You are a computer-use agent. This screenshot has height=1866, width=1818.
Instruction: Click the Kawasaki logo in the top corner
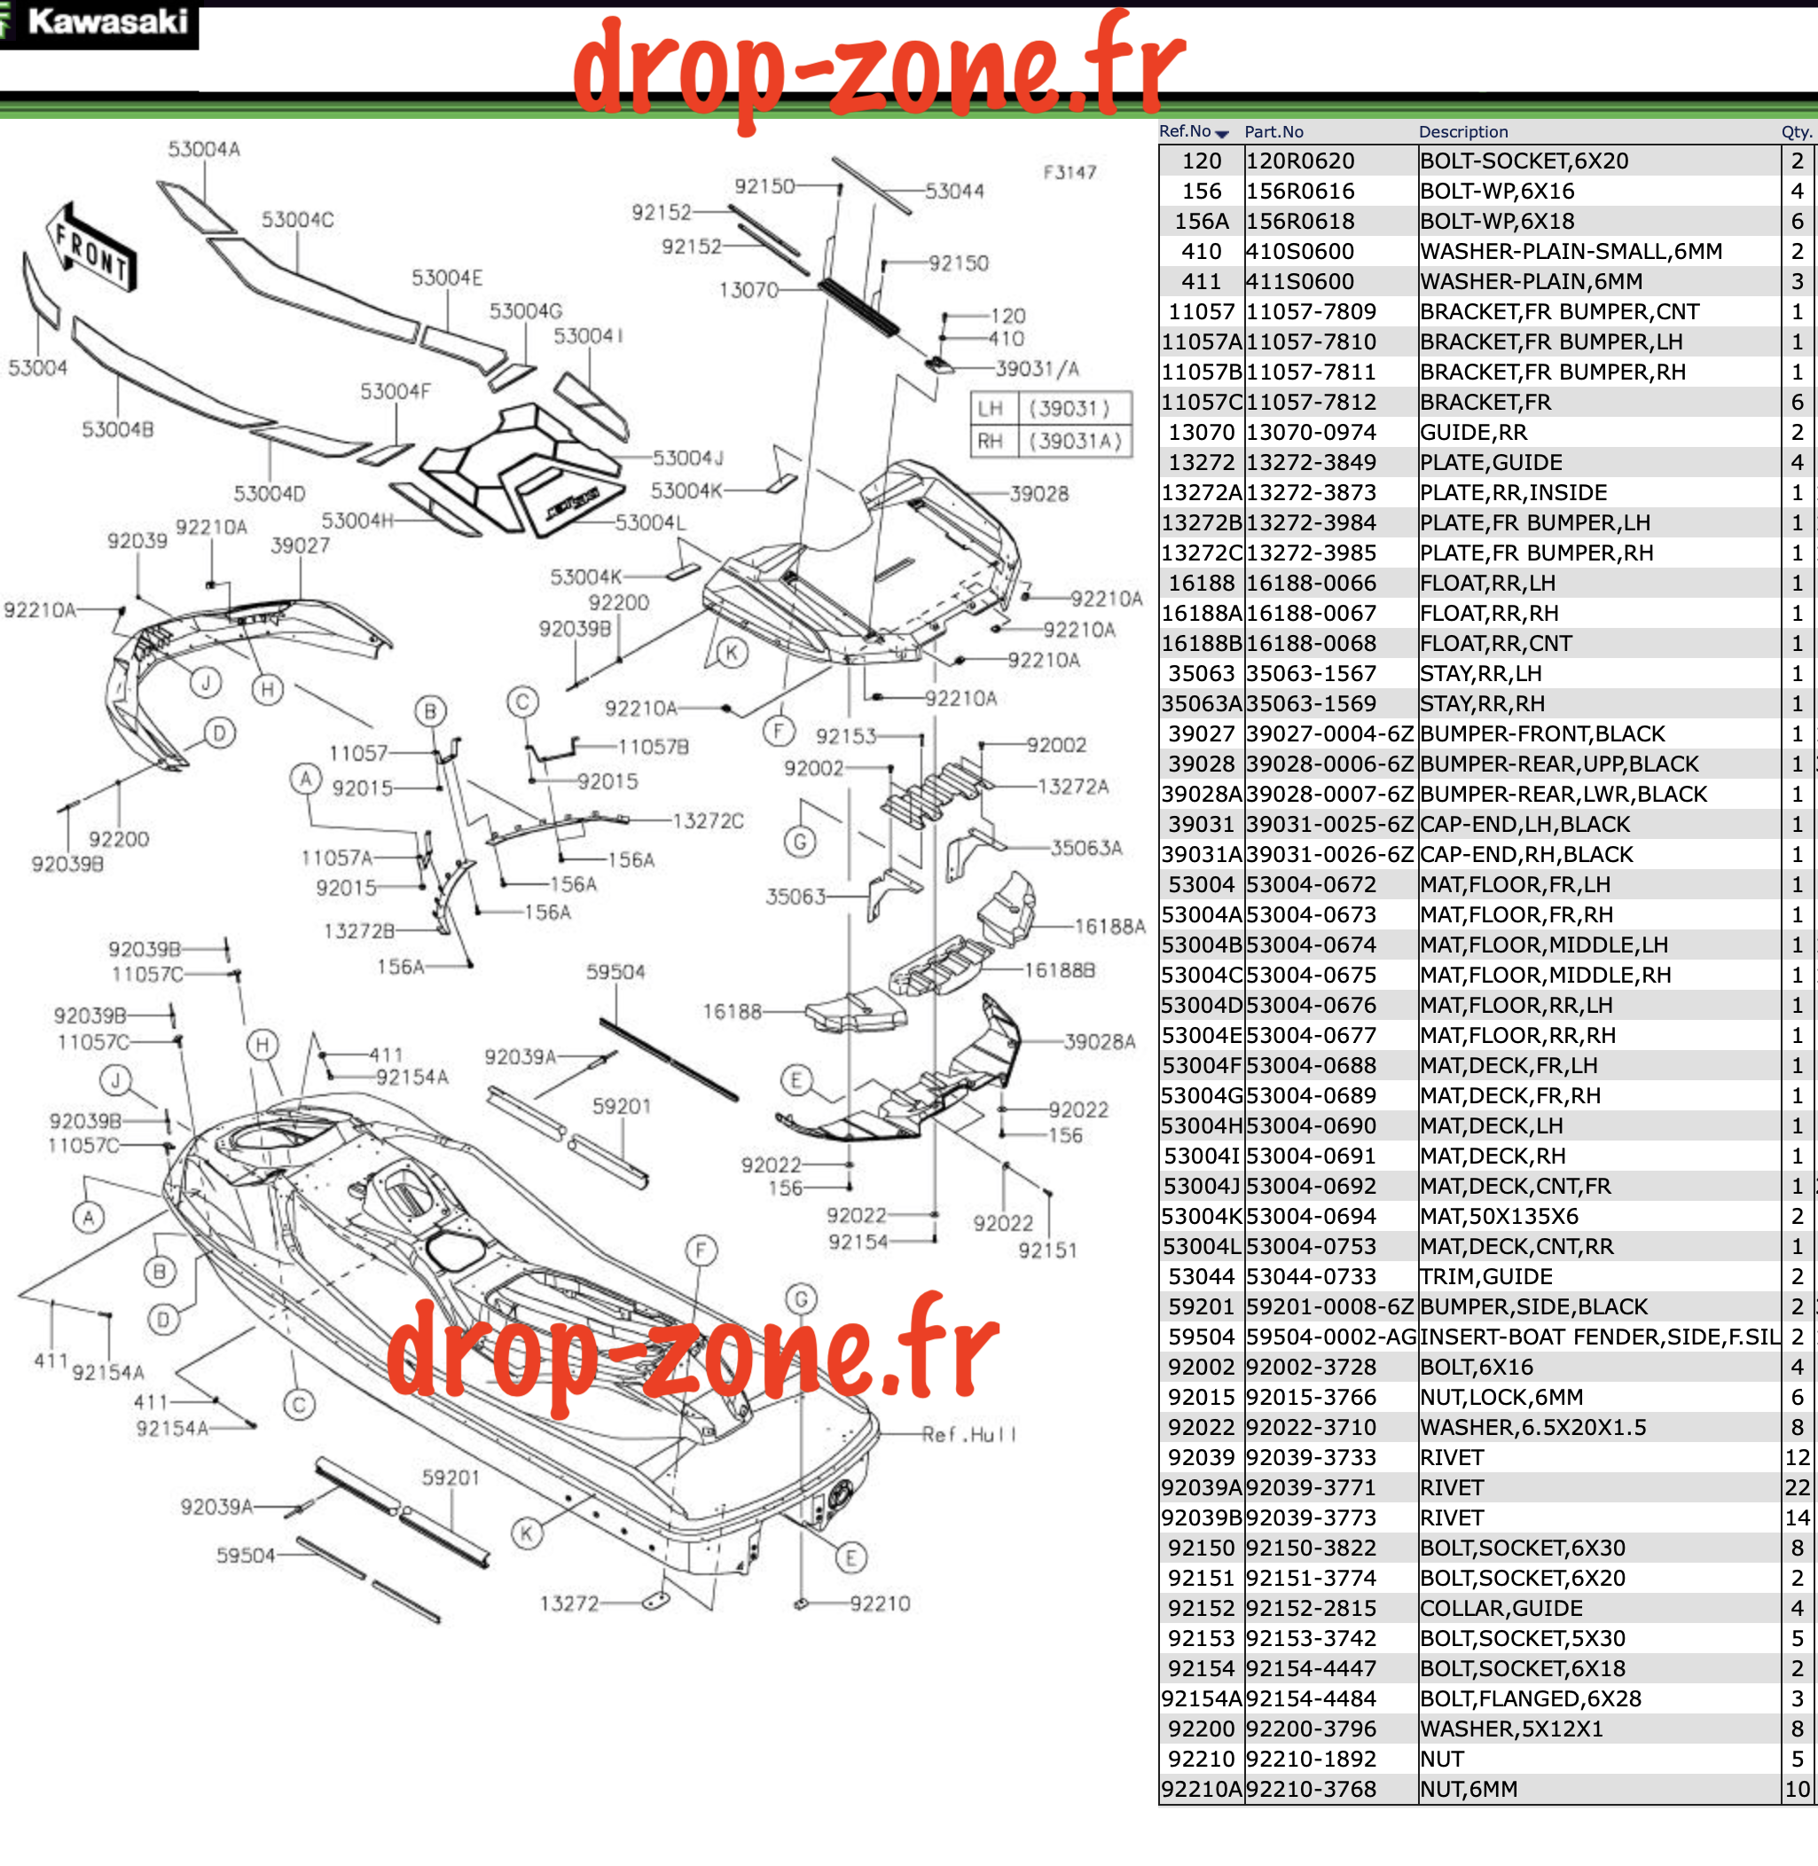(x=98, y=23)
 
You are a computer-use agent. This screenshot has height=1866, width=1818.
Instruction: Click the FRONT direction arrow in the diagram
(x=91, y=247)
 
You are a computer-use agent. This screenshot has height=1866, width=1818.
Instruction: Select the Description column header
(x=1462, y=132)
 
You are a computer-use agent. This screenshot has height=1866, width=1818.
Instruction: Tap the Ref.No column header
(x=1193, y=132)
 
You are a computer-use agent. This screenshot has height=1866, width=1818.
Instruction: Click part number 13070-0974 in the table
(x=1311, y=433)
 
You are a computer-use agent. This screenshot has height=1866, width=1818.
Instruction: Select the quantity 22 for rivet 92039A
(x=1797, y=1488)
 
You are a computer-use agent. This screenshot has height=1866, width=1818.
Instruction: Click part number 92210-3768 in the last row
(x=1311, y=1790)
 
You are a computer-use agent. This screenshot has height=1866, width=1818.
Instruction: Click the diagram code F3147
(x=1070, y=173)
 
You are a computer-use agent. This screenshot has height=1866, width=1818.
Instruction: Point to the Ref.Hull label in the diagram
(x=969, y=1434)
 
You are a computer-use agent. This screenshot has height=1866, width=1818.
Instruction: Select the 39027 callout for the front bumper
(x=300, y=545)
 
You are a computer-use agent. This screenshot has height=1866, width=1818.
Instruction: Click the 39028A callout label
(x=1100, y=1042)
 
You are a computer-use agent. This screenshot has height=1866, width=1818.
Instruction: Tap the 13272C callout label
(x=708, y=821)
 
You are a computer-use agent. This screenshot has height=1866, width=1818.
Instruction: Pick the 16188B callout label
(x=1060, y=970)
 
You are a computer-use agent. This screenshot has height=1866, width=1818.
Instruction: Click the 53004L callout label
(x=650, y=522)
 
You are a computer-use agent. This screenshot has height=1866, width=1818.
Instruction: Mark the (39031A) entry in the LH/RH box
(x=1074, y=441)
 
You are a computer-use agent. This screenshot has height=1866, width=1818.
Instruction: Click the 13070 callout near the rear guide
(x=748, y=289)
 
